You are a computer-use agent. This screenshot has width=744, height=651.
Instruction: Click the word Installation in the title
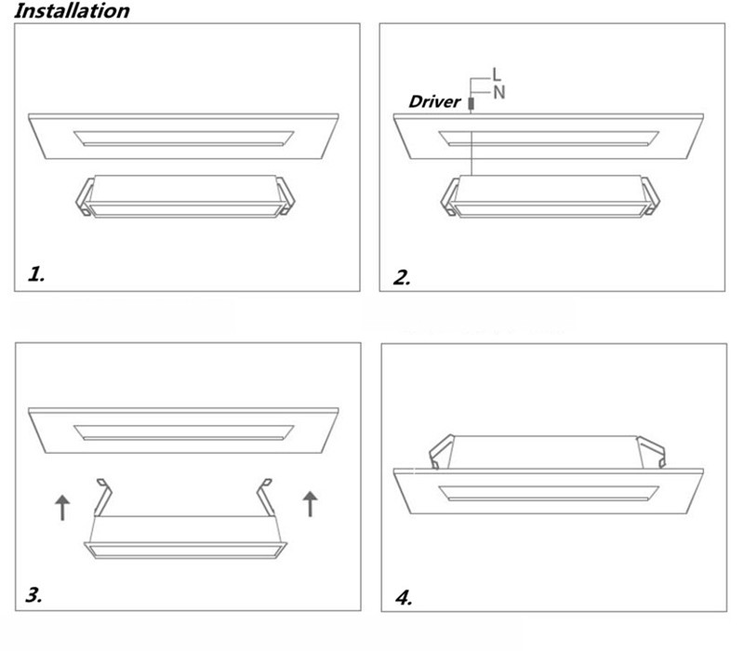point(72,11)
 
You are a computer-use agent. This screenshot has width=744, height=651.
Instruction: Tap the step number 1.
point(36,274)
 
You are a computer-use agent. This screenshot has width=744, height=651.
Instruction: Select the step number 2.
point(402,277)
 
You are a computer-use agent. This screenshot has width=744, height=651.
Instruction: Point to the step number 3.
point(33,594)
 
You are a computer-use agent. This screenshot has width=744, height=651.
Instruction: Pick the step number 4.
point(404,597)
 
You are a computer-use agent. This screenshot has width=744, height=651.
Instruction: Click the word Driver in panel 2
point(434,101)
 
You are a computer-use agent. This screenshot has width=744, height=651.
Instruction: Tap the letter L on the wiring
point(497,74)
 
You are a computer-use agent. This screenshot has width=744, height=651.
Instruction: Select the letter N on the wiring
point(499,92)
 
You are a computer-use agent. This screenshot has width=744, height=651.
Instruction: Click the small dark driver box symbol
point(471,103)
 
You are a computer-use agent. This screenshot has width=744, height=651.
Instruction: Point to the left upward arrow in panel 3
point(62,508)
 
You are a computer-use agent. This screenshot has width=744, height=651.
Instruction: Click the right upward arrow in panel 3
point(310,504)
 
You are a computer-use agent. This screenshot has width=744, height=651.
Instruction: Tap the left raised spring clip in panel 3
point(102,498)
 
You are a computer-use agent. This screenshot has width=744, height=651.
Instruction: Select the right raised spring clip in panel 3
point(265,498)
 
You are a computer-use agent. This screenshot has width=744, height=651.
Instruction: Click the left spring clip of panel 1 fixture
point(85,197)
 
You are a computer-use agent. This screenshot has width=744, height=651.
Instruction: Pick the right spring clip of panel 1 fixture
point(286,196)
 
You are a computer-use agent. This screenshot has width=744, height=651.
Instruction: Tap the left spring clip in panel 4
point(441,452)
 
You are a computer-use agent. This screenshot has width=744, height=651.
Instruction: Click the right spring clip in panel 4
point(651,453)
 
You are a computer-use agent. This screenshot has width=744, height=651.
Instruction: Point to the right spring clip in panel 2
point(650,196)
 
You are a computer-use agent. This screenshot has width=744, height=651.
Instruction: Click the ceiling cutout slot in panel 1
point(183,139)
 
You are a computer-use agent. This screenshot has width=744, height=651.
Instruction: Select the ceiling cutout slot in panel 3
point(183,432)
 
